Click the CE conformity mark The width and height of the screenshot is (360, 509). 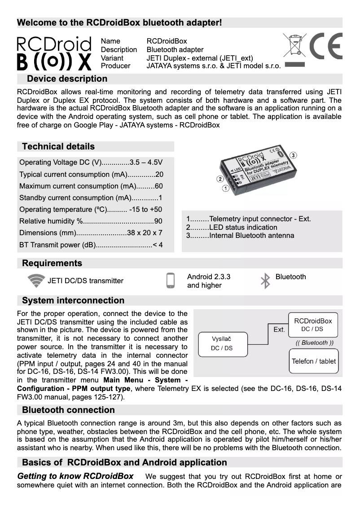click(326, 47)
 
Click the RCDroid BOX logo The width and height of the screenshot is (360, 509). click(54, 53)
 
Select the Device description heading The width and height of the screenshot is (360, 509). click(67, 79)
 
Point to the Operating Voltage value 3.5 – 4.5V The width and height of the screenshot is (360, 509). click(146, 162)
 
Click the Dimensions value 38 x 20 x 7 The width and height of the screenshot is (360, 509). click(145, 233)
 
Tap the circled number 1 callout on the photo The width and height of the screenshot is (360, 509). click(225, 189)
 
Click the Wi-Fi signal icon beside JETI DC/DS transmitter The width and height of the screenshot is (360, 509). click(36, 281)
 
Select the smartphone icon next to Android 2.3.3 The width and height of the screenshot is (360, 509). click(170, 281)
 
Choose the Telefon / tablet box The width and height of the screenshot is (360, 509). click(313, 361)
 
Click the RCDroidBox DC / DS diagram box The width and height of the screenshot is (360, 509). click(313, 325)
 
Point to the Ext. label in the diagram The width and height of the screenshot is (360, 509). click(279, 329)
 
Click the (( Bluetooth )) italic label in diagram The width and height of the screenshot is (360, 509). click(314, 342)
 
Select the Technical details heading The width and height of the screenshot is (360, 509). click(58, 147)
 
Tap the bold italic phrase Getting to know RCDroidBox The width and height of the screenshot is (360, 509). click(75, 476)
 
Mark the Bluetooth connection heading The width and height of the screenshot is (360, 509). click(68, 410)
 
